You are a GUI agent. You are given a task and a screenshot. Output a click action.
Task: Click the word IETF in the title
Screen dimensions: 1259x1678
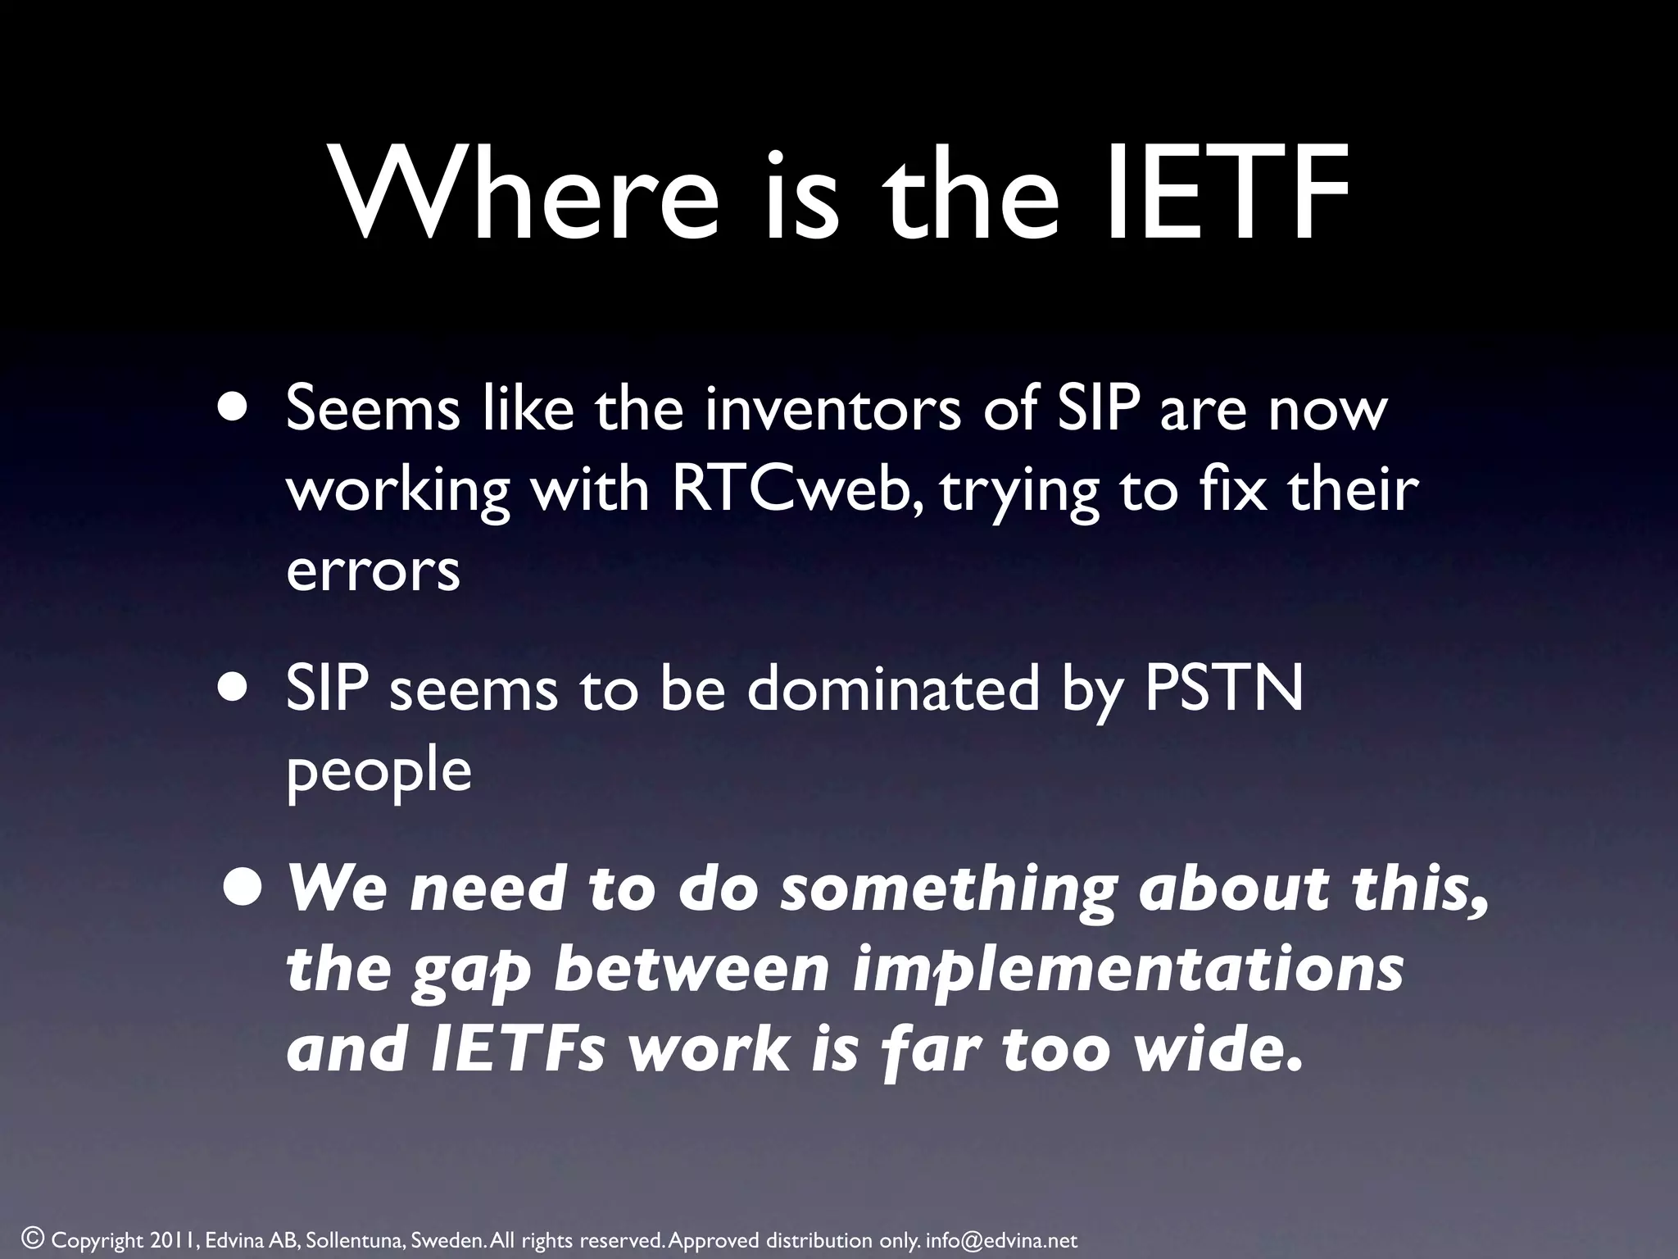click(1227, 194)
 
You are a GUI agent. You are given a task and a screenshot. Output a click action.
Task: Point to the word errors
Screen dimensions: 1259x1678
click(373, 571)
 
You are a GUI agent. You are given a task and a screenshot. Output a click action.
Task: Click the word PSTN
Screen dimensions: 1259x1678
click(1223, 690)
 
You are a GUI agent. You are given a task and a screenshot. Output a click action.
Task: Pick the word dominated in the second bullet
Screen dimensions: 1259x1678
click(894, 690)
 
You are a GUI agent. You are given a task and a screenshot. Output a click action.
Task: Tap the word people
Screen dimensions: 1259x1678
click(379, 772)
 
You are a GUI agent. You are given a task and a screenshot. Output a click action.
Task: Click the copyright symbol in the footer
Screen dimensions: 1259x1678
click(32, 1238)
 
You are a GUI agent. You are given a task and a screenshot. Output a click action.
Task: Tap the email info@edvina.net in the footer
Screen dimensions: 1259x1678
click(1001, 1240)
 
